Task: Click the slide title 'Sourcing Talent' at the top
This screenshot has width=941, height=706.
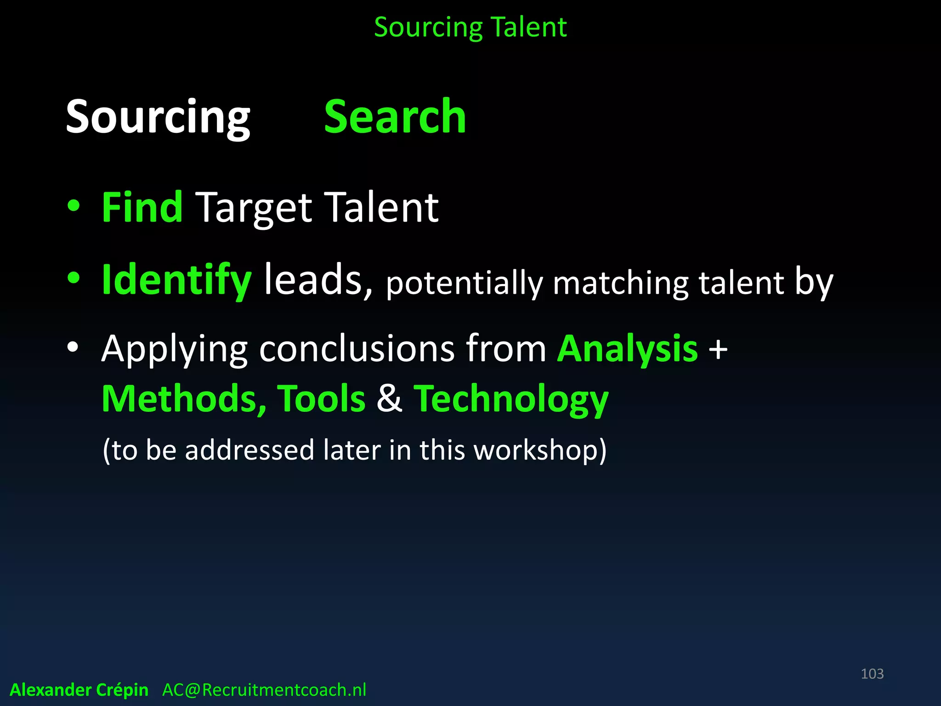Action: point(470,27)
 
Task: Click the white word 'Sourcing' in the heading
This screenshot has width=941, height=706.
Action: point(158,117)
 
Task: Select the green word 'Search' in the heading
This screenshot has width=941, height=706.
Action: point(395,117)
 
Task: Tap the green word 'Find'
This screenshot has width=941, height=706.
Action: point(142,208)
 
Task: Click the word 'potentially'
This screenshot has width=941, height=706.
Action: point(464,283)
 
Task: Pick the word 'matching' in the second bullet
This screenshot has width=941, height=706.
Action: point(620,283)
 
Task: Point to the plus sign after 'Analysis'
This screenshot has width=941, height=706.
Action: point(718,349)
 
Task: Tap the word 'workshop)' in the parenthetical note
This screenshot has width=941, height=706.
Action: point(540,450)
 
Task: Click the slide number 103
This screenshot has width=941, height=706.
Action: point(872,674)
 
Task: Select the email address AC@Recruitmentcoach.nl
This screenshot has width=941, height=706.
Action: point(264,690)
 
